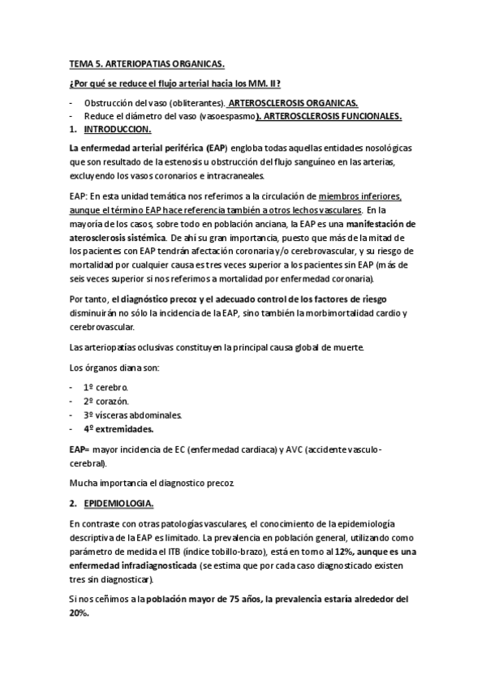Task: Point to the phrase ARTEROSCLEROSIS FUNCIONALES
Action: pos(330,117)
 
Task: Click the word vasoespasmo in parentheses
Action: pos(222,117)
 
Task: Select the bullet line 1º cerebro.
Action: pos(105,389)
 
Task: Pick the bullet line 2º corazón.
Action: pos(105,402)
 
